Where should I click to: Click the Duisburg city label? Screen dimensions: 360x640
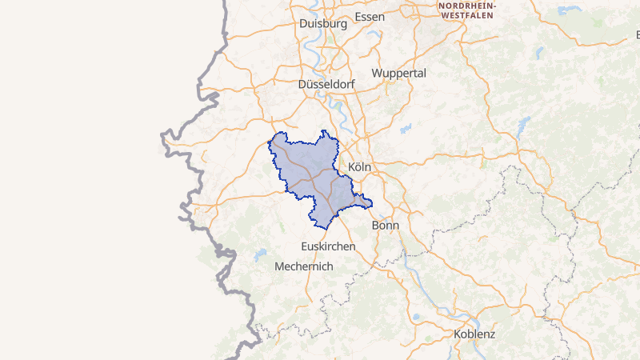322,24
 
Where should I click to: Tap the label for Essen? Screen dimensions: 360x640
369,17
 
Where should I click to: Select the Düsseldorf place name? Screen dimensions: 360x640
327,84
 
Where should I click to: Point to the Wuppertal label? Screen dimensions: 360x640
399,73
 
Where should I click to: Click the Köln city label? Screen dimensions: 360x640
362,166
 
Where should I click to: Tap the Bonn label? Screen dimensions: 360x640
386,226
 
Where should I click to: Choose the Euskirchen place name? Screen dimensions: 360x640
328,246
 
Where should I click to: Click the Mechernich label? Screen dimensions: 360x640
303,266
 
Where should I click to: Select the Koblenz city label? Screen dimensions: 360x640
474,334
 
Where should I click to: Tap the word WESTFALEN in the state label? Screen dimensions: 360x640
466,15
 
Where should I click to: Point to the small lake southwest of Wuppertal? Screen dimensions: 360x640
406,127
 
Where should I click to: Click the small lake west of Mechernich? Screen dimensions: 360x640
260,256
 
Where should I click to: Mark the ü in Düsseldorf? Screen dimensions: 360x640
310,84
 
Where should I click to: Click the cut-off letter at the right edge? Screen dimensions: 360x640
638,35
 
